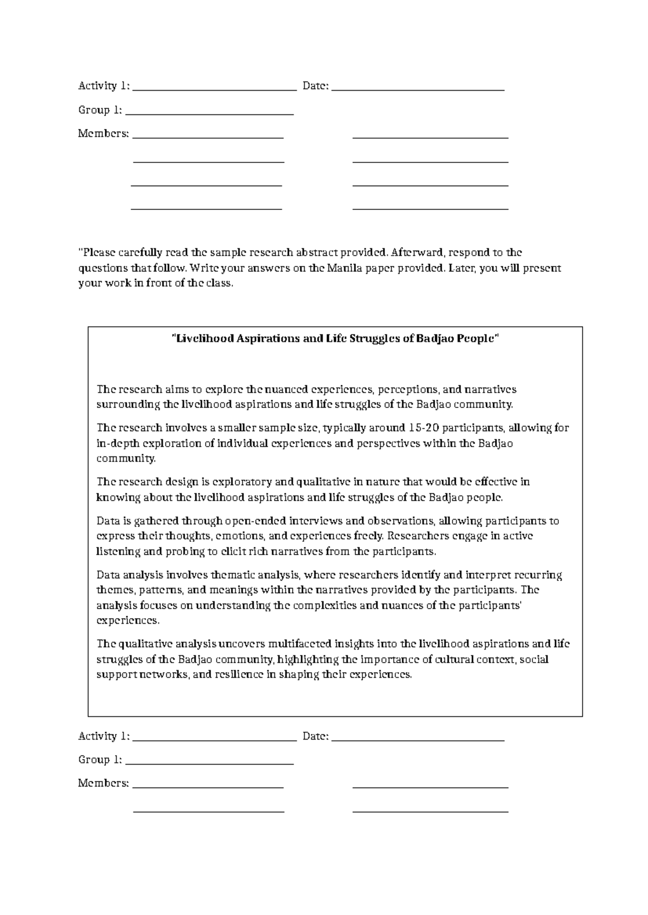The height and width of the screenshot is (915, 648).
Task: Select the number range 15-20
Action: point(424,428)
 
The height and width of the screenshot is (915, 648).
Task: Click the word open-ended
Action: point(256,521)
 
